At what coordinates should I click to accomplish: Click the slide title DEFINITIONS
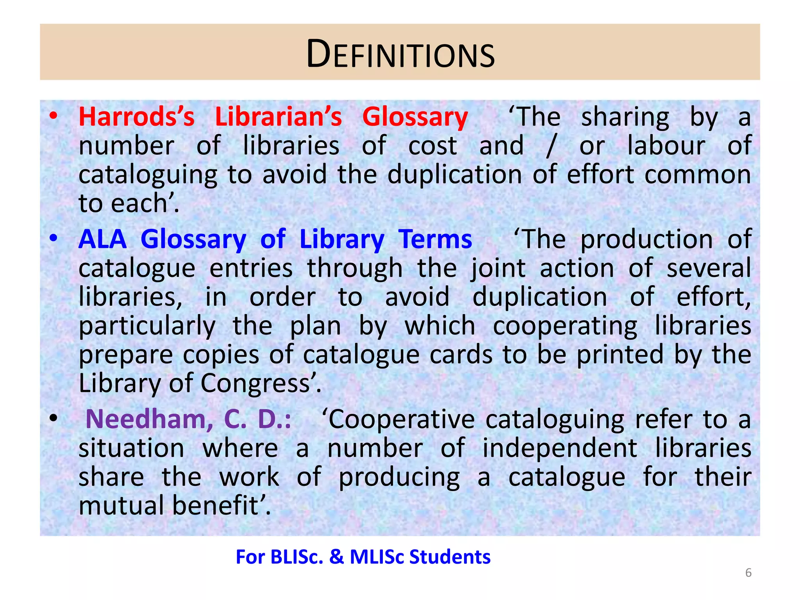[x=400, y=54]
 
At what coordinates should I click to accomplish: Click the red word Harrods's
[x=136, y=117]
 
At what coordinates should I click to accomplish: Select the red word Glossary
[x=415, y=117]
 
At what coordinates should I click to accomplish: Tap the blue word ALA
[x=102, y=239]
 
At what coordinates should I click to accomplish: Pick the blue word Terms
[x=435, y=239]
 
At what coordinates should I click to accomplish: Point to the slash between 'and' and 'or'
[x=551, y=146]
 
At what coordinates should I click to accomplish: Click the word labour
[x=666, y=146]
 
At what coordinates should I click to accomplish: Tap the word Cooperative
[x=402, y=420]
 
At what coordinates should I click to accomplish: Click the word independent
[x=559, y=448]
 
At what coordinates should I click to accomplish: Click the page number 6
[x=748, y=573]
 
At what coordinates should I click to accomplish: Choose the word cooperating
[x=565, y=326]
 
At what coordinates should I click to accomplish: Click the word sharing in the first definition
[x=625, y=117]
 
